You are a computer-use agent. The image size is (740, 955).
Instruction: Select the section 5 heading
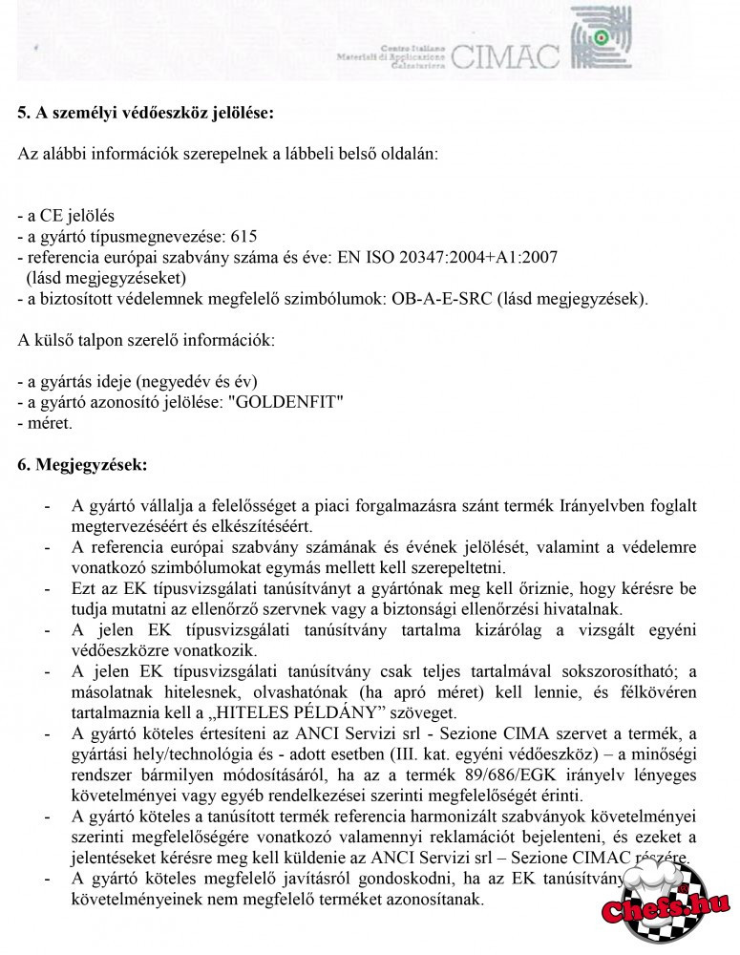[x=146, y=114]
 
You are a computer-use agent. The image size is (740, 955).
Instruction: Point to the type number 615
[x=244, y=236]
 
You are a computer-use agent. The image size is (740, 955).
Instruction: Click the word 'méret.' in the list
[x=44, y=422]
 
